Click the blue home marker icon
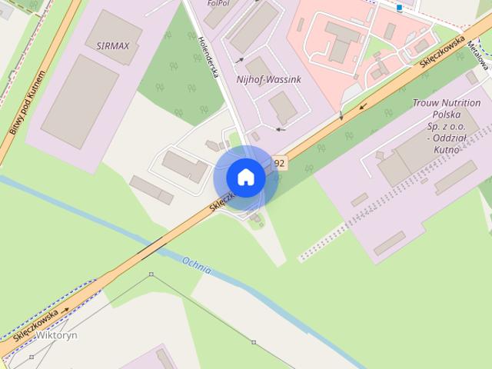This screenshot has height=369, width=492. tap(245, 177)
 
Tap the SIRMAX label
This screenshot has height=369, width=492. tap(115, 45)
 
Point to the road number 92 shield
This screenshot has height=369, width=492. tap(278, 163)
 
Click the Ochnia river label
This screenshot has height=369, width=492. tap(198, 265)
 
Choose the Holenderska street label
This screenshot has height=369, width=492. tap(209, 58)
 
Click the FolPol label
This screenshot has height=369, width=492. tap(220, 4)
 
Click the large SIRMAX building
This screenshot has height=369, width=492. tap(79, 101)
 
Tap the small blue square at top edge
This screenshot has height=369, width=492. tap(400, 8)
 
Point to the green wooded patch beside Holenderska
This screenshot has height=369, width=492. tap(174, 77)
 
